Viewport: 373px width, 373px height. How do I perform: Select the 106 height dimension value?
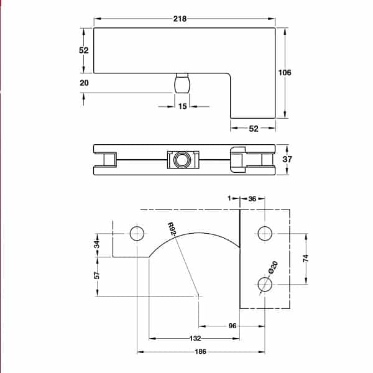tap(285, 73)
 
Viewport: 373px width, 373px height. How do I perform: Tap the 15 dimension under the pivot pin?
tap(182, 106)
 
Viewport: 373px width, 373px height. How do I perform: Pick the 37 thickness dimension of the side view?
tap(287, 159)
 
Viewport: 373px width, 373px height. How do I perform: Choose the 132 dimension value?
tap(195, 339)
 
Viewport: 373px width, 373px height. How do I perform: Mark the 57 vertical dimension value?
tap(97, 275)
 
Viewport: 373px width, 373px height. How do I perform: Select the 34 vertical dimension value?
tap(97, 244)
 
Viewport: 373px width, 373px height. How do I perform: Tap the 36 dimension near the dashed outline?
tap(252, 198)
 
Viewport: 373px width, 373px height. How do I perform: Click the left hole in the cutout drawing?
tap(137, 234)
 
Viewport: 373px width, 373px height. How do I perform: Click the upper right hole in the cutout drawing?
tap(264, 234)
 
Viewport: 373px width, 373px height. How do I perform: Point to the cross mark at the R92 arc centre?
tap(199, 297)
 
